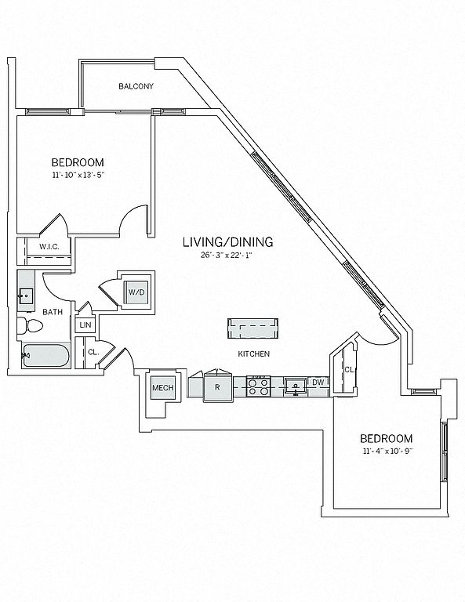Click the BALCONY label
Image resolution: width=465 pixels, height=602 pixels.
(x=136, y=86)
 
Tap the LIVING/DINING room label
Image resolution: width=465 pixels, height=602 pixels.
(x=228, y=242)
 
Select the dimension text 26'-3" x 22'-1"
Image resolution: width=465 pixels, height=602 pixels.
(x=228, y=255)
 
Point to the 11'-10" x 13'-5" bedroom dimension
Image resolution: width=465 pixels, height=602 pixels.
(x=78, y=175)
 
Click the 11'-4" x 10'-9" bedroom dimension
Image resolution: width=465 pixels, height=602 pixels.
(x=387, y=451)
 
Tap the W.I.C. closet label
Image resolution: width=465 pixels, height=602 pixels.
(x=49, y=247)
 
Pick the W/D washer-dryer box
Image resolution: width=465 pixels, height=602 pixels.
(x=136, y=292)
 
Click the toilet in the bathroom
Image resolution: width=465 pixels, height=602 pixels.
(x=30, y=326)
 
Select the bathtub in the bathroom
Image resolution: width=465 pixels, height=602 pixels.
(x=45, y=356)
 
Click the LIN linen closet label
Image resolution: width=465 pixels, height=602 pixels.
(x=85, y=325)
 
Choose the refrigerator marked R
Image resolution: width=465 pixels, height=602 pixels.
(x=218, y=387)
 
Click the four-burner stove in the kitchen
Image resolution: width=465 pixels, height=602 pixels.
(x=259, y=386)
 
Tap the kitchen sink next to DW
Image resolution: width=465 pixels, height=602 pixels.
(x=295, y=386)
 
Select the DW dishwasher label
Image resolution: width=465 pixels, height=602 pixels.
(x=318, y=383)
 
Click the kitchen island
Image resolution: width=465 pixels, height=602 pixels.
(x=252, y=328)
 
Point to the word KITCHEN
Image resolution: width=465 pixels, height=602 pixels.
(x=254, y=354)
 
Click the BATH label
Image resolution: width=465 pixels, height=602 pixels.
(x=53, y=312)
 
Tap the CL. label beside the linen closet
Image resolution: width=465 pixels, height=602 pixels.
(x=93, y=352)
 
